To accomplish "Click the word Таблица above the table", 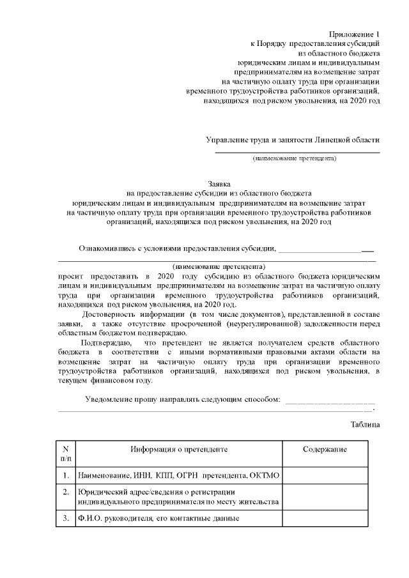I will point(366,424).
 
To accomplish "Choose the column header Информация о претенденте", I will point(179,450).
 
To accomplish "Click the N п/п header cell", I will point(66,453).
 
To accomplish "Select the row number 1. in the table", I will point(66,476).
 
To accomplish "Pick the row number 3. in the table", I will point(66,518).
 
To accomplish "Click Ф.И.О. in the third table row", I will point(91,518).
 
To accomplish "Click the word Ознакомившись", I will point(112,248).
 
